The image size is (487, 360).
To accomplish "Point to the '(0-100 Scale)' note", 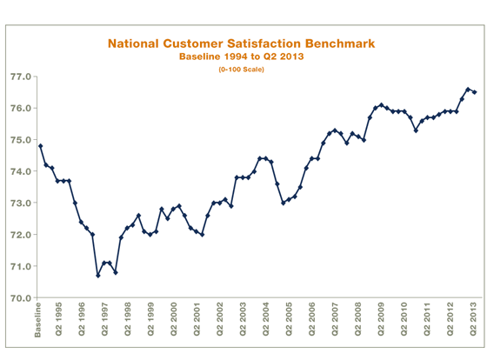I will click(241, 69).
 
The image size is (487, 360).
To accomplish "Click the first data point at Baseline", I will click(41, 146).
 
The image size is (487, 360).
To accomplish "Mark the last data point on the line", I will click(474, 92).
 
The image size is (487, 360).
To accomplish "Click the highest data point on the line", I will click(468, 90).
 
